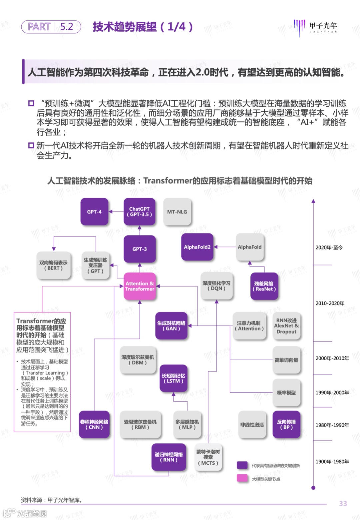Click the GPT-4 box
(94, 211)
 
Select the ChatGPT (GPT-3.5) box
(139, 211)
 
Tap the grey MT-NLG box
(177, 211)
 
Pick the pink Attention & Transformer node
(140, 286)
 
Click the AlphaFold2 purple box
(197, 247)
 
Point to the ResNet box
(264, 286)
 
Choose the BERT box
(53, 265)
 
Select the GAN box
(171, 326)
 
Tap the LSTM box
(173, 378)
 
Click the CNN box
(94, 424)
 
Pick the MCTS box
(208, 457)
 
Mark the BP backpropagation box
(286, 424)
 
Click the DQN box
(216, 286)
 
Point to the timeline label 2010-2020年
(330, 303)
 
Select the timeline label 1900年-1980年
(332, 462)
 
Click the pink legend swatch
(242, 478)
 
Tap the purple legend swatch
(242, 465)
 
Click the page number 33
(343, 504)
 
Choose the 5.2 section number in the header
(67, 27)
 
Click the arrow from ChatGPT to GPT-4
(116, 211)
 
